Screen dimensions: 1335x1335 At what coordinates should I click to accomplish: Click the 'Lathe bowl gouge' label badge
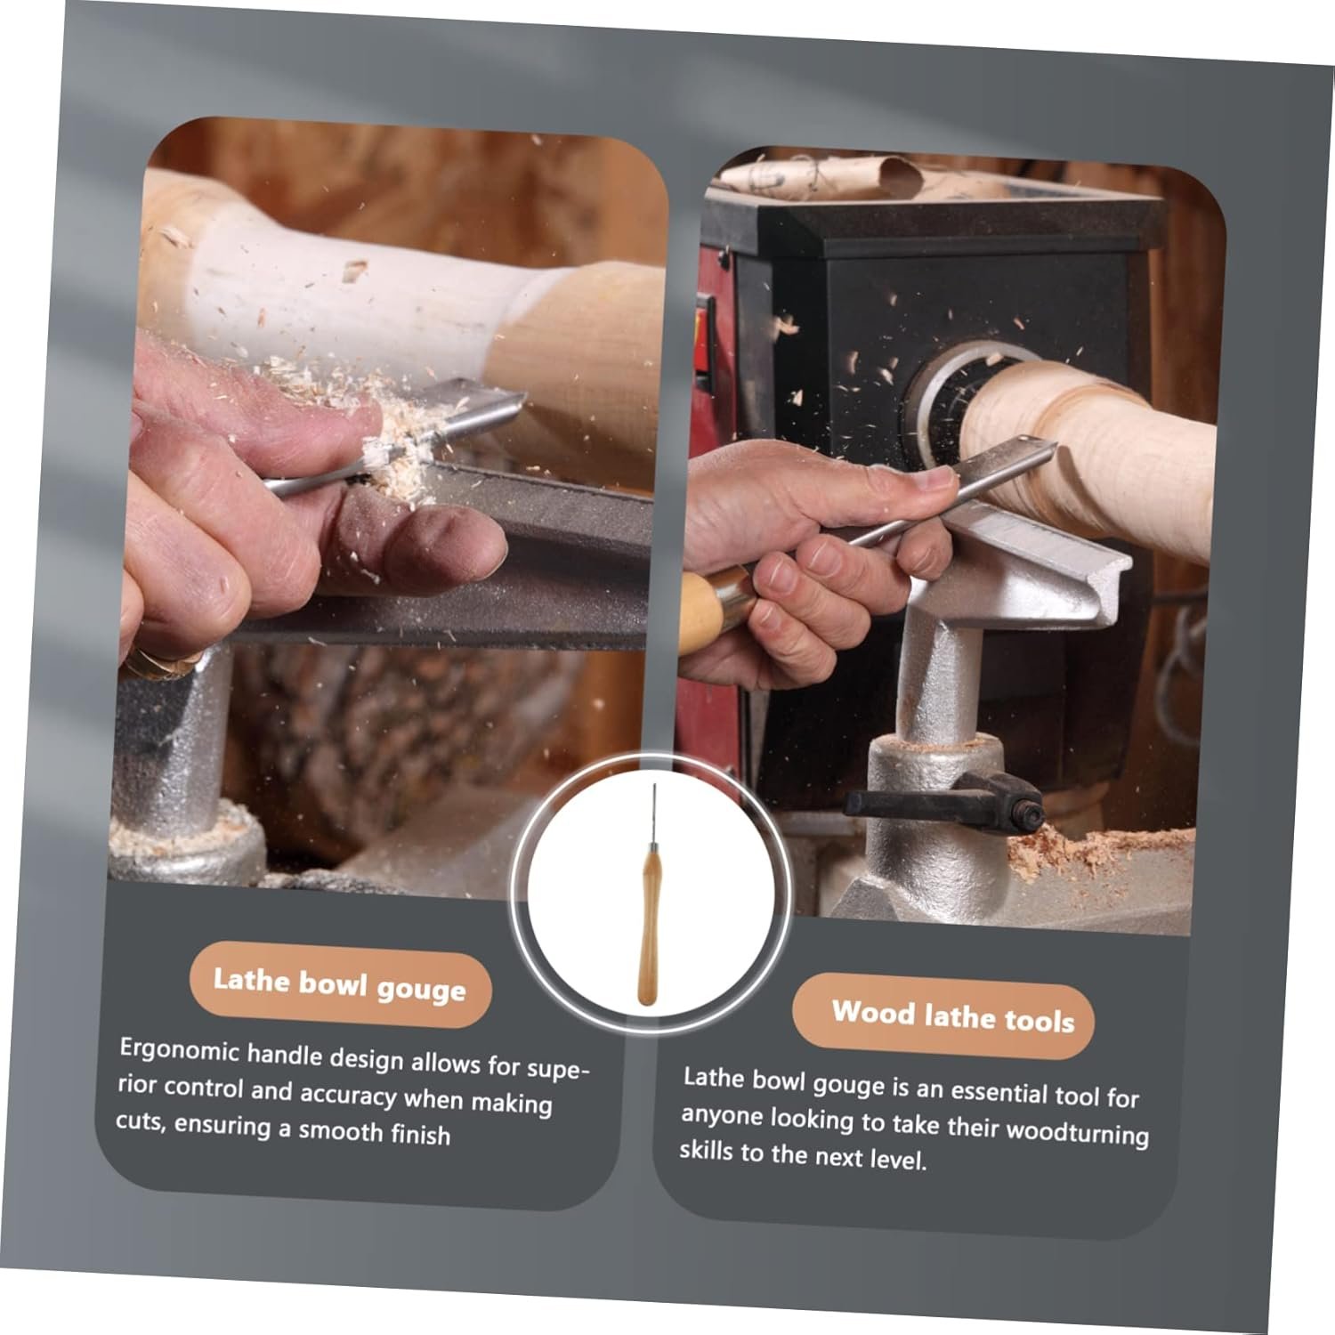340,984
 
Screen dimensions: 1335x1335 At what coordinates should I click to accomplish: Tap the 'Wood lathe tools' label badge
944,1015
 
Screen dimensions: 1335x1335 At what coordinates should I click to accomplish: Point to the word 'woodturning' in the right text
1077,1132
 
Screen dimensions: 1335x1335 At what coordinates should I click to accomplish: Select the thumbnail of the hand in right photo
935,481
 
